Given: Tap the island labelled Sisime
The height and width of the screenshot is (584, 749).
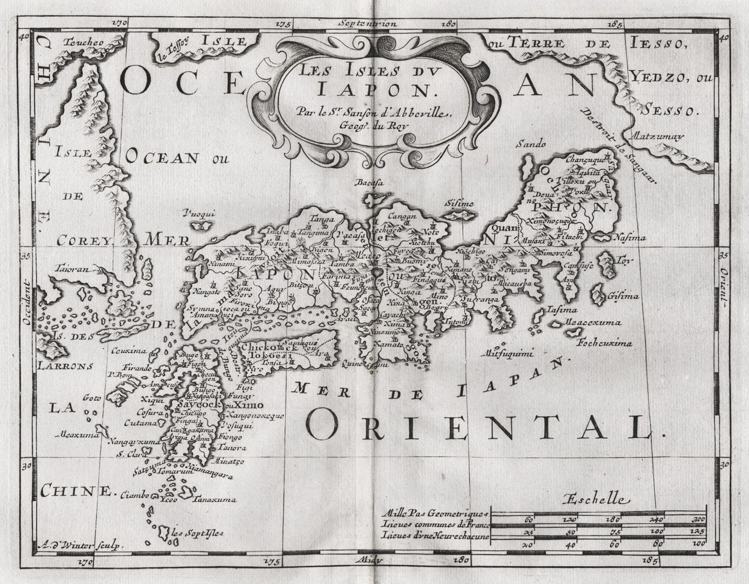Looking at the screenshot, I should pos(459,205).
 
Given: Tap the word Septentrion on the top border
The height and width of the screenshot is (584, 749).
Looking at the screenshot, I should pos(367,23).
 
